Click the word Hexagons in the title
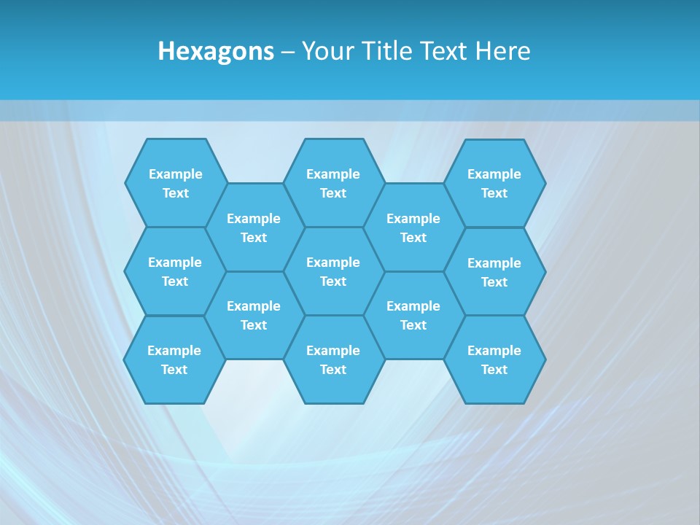point(216,51)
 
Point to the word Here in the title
point(503,51)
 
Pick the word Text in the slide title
point(446,51)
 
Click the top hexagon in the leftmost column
point(176,183)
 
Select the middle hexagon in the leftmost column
point(175,271)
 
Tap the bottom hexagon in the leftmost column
point(174,359)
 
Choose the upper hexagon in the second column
point(254,227)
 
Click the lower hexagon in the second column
point(254,315)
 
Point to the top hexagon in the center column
point(333,183)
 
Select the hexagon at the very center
point(333,271)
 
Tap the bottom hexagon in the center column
point(333,359)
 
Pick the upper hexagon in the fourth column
point(413,227)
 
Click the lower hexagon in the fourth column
point(413,315)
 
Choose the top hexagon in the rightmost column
point(494,183)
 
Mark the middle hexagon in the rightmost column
point(494,272)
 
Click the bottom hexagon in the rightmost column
point(494,359)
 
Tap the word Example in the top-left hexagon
point(176,174)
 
